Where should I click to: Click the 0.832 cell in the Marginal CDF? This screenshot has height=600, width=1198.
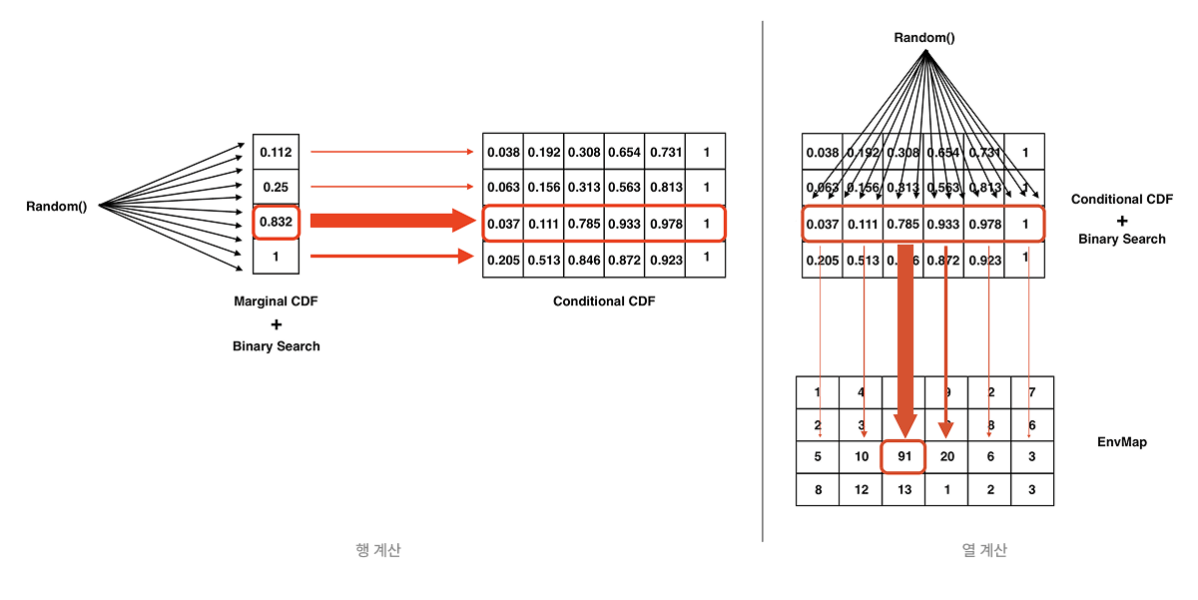[x=276, y=222]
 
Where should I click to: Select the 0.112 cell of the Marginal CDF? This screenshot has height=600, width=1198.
[x=276, y=152]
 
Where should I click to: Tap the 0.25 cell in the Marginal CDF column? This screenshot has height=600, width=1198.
[x=276, y=187]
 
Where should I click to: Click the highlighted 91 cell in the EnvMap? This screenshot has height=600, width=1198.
[x=903, y=456]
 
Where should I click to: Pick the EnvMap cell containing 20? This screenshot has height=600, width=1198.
[x=946, y=456]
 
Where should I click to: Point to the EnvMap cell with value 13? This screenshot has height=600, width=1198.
[x=903, y=489]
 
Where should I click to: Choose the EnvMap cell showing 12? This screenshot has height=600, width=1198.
[x=861, y=489]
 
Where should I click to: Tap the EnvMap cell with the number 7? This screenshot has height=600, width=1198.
[x=1031, y=392]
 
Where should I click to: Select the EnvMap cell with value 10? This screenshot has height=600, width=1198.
[x=861, y=456]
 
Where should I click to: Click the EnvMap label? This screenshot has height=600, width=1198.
[x=1122, y=440]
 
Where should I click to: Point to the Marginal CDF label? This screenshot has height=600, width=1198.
[x=276, y=300]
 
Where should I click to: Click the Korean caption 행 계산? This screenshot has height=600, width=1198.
[x=378, y=550]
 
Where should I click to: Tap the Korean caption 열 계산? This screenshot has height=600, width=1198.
[x=984, y=550]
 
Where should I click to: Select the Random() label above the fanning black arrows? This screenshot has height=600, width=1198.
[x=923, y=38]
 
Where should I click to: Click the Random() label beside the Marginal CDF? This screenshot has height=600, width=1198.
[x=56, y=206]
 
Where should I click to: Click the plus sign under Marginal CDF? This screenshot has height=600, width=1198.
[x=276, y=323]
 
